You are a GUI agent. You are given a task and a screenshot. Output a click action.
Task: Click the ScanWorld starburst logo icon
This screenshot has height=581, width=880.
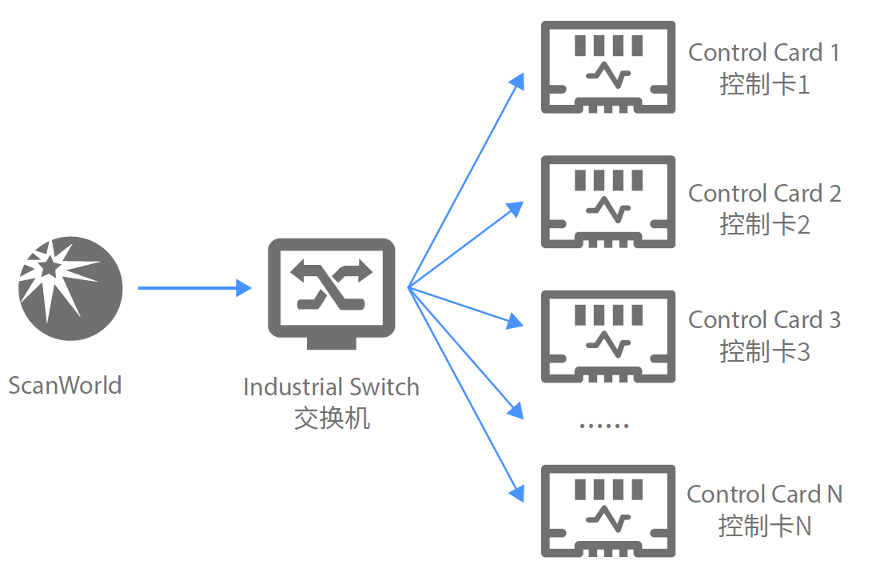pos(70,289)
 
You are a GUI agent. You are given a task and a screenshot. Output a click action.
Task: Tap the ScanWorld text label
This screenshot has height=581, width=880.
pos(66,385)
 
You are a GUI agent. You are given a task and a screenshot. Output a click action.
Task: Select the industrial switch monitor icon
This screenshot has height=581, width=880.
pos(331,293)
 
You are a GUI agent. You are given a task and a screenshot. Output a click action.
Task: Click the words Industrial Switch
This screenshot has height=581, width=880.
pos(331,387)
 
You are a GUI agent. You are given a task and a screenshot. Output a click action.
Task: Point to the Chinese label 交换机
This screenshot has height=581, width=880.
pos(332,418)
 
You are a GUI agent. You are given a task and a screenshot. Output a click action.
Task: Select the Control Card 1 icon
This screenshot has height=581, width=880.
pos(608,67)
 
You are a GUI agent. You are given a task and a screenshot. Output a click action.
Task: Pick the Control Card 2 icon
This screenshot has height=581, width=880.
pos(608,202)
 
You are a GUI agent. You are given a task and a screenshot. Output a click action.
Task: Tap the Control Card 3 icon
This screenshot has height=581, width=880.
pos(608,335)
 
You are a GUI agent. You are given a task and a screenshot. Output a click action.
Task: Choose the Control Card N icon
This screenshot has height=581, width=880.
pos(608,511)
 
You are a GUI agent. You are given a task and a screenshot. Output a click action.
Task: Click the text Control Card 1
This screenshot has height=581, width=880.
pos(764,53)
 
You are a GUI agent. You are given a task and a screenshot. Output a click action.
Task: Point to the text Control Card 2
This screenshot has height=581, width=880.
pos(765,194)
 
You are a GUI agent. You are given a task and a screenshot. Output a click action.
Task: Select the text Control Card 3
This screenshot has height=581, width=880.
pos(765,320)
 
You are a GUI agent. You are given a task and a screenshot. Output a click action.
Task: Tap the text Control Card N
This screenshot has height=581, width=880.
pos(765,495)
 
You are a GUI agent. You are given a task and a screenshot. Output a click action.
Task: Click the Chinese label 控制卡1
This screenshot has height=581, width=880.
pos(765,84)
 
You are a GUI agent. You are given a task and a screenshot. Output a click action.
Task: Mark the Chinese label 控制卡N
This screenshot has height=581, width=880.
pos(765,526)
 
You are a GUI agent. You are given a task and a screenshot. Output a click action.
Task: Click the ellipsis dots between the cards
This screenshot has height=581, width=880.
pos(604,425)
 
